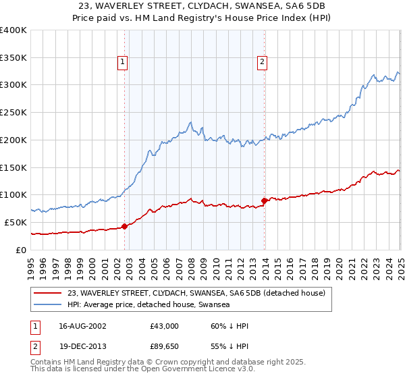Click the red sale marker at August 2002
coord(124,226)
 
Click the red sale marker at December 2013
coord(264,200)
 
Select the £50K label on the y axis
coord(16,222)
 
